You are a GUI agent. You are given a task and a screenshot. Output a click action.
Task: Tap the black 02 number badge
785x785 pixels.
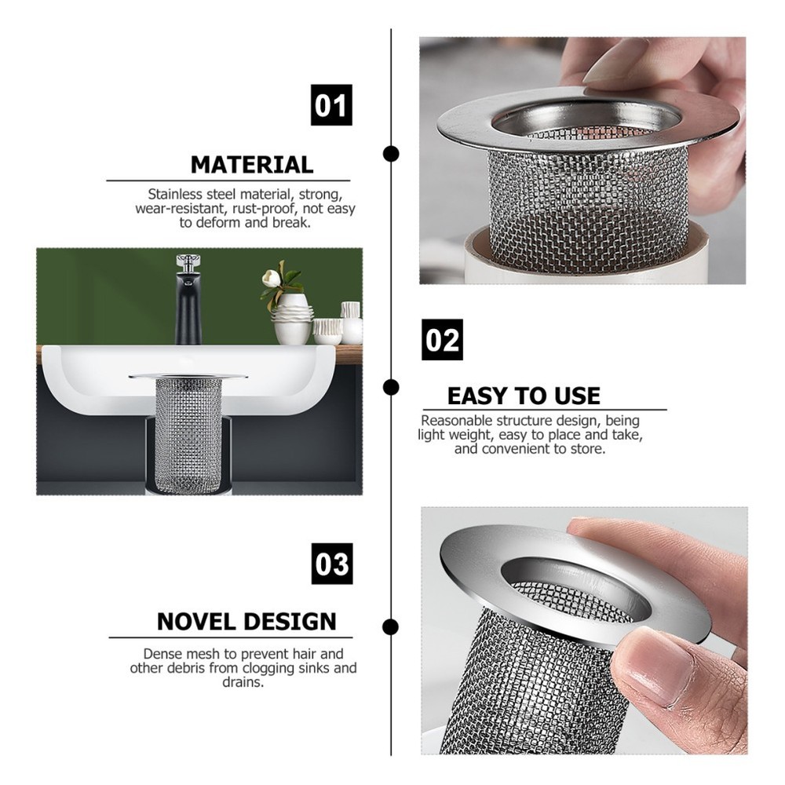(442, 340)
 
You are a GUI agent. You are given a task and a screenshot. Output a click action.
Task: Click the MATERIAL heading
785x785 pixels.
(251, 165)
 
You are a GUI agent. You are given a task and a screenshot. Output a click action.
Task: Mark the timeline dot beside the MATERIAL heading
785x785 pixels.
(390, 153)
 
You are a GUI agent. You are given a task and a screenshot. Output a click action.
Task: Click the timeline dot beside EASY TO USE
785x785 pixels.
(390, 387)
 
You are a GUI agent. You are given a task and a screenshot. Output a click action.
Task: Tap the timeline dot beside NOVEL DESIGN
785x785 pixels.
(390, 626)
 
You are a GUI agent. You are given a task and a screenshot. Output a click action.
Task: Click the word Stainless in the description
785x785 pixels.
(176, 194)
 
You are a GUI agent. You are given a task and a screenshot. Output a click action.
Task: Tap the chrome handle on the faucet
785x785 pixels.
(188, 261)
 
